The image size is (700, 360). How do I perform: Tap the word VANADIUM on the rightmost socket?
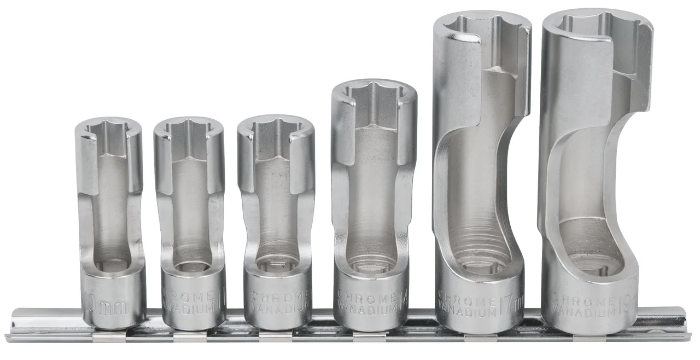coord(582,312)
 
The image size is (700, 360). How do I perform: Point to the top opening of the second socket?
coord(188,129)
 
